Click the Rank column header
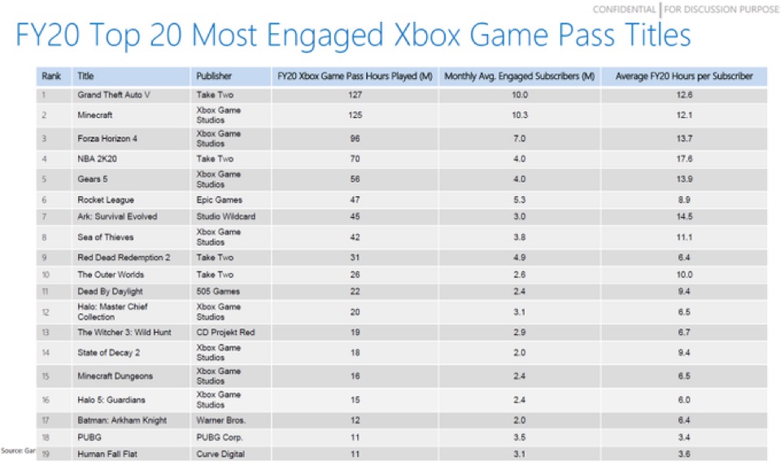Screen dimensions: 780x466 click(x=51, y=76)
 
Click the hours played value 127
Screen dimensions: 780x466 click(x=355, y=94)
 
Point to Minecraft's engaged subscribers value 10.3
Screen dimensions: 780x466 click(x=520, y=115)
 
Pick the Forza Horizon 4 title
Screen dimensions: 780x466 click(x=107, y=138)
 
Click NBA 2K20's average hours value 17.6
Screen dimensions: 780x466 click(x=685, y=159)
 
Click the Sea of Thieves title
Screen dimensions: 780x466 click(x=106, y=237)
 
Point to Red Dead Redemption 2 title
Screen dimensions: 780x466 click(x=124, y=258)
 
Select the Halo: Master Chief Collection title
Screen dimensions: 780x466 click(x=112, y=311)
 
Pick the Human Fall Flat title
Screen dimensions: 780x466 click(x=107, y=454)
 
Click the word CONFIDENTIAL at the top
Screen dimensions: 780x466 click(x=625, y=10)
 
